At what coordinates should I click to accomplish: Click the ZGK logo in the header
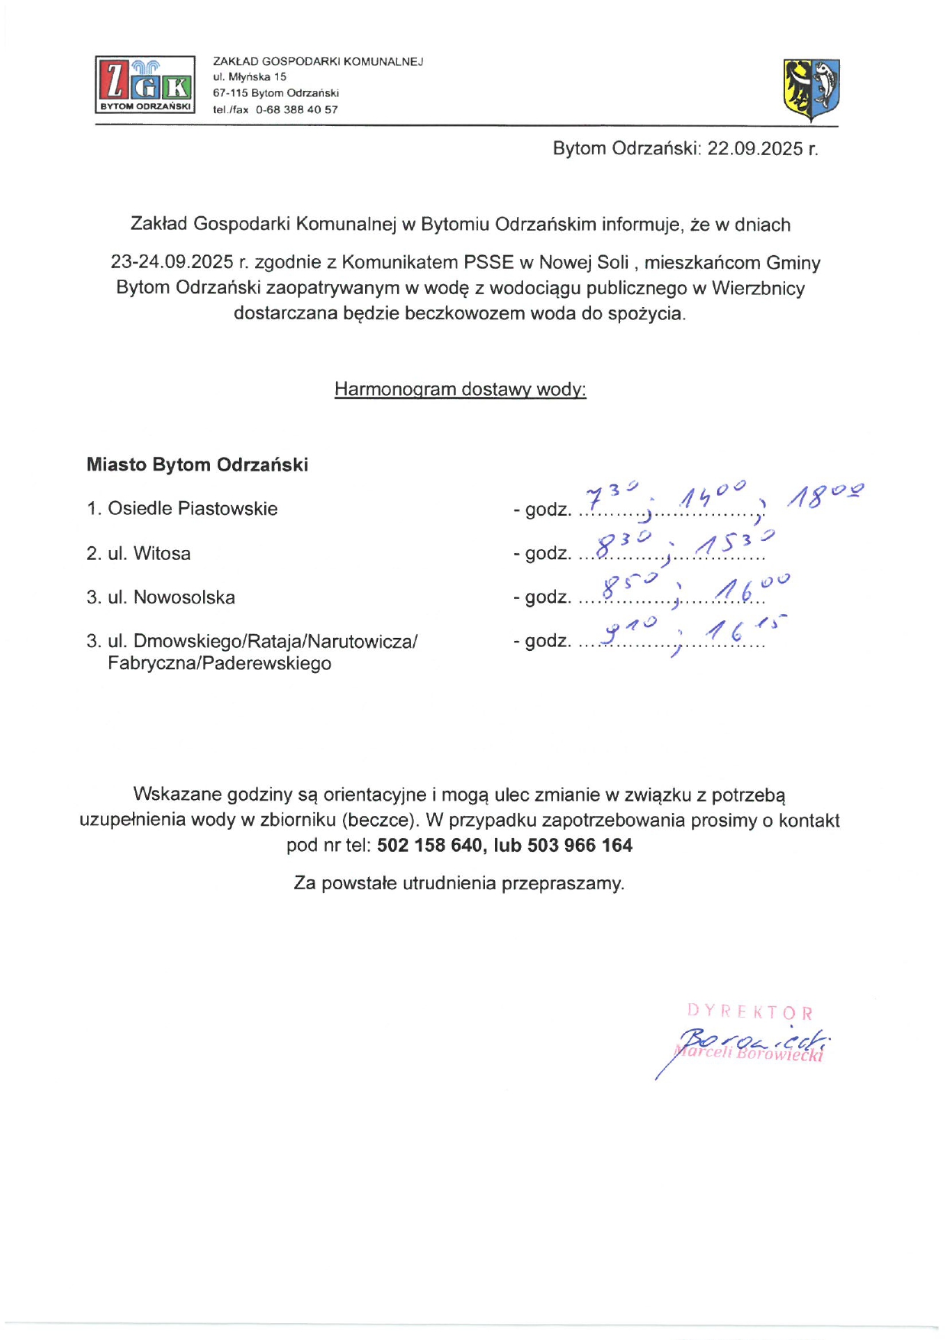[x=145, y=84]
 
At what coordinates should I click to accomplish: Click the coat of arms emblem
[x=811, y=90]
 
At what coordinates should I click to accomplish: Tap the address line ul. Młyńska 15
[x=250, y=77]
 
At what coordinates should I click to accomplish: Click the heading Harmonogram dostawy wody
[x=460, y=389]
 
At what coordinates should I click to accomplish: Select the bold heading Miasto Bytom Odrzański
[x=197, y=464]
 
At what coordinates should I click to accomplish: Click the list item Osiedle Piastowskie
[x=192, y=509]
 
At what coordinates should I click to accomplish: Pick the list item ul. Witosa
[x=149, y=553]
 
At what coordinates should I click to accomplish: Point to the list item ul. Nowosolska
[x=171, y=597]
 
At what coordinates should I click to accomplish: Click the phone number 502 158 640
[x=430, y=845]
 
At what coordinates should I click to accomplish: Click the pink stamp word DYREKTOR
[x=750, y=1012]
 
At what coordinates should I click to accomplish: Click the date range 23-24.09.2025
[x=172, y=263]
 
